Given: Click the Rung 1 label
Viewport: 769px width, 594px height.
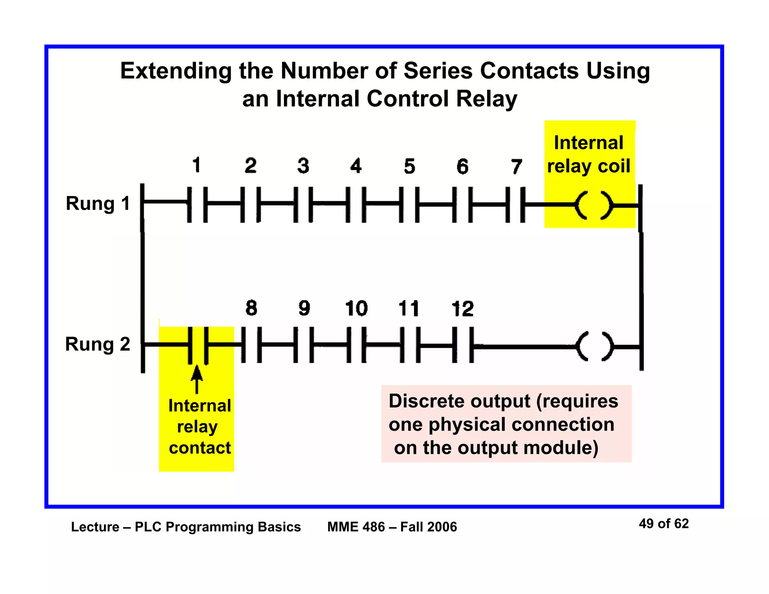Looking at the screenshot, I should click(98, 204).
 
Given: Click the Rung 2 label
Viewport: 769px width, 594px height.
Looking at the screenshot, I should click(98, 344).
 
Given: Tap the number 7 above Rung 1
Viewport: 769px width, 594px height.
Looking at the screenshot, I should click(516, 166).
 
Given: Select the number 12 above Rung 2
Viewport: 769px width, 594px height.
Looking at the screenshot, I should click(462, 309).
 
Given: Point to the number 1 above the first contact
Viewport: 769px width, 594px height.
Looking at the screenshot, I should click(196, 165).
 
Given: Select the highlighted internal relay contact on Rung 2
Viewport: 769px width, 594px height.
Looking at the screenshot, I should click(198, 345).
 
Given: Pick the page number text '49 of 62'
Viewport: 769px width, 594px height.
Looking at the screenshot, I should click(663, 523).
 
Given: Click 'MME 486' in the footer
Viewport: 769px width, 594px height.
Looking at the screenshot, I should click(356, 527).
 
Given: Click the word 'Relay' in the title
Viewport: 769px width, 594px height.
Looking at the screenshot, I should click(487, 99).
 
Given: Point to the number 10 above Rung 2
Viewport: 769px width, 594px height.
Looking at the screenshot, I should click(356, 309).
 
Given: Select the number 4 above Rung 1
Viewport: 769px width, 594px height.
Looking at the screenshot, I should click(356, 166).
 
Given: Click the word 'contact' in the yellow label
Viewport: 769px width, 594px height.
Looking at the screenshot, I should click(200, 448).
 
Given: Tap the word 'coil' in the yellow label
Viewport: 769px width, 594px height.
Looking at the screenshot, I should click(614, 166).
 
